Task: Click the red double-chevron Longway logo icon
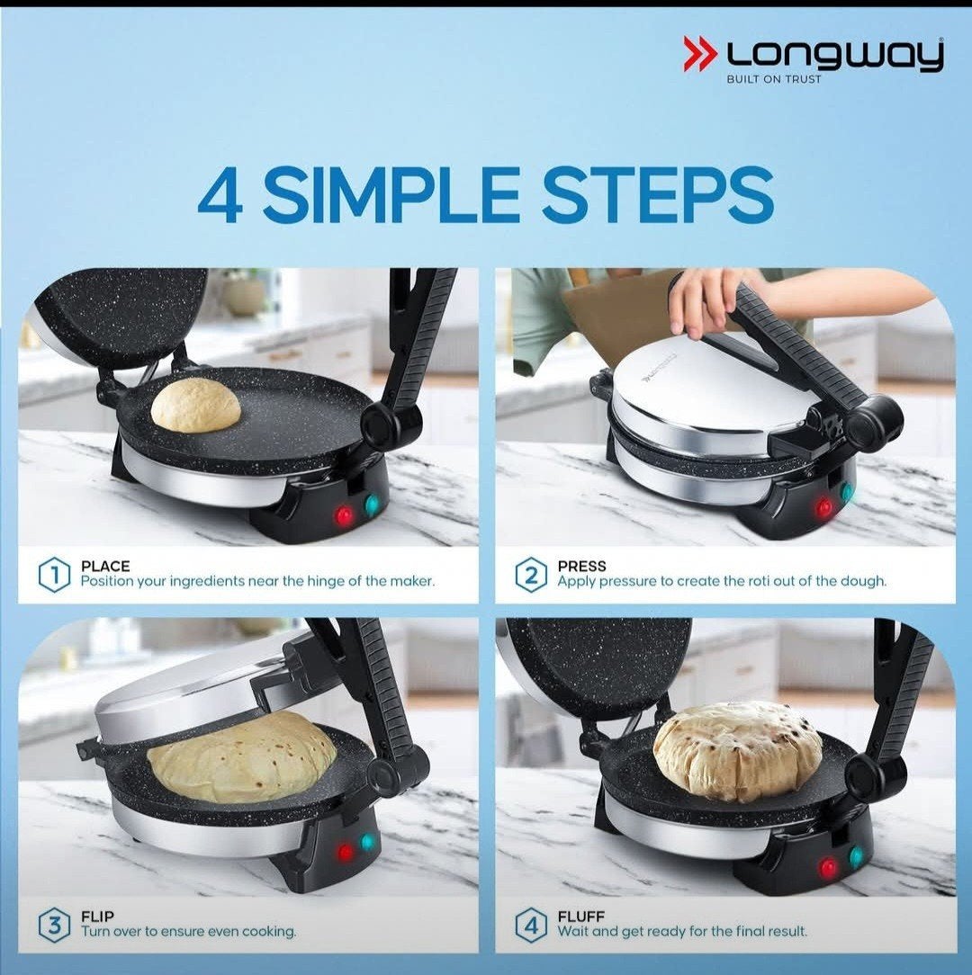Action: coord(700,53)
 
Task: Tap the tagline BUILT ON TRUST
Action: coord(774,79)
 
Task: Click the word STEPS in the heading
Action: coord(658,195)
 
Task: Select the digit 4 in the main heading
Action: coord(220,195)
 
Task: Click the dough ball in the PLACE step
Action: coord(195,405)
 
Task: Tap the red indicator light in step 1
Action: coord(344,515)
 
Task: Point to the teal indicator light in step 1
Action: coord(372,505)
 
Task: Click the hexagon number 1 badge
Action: coord(55,575)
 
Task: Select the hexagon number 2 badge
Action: coord(531,575)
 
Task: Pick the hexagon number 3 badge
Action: coord(55,926)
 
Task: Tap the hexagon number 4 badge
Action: coord(531,926)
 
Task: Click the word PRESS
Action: coord(581,566)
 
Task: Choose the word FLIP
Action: coord(98,917)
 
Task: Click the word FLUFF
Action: coord(580,917)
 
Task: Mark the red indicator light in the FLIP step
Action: coord(344,852)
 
